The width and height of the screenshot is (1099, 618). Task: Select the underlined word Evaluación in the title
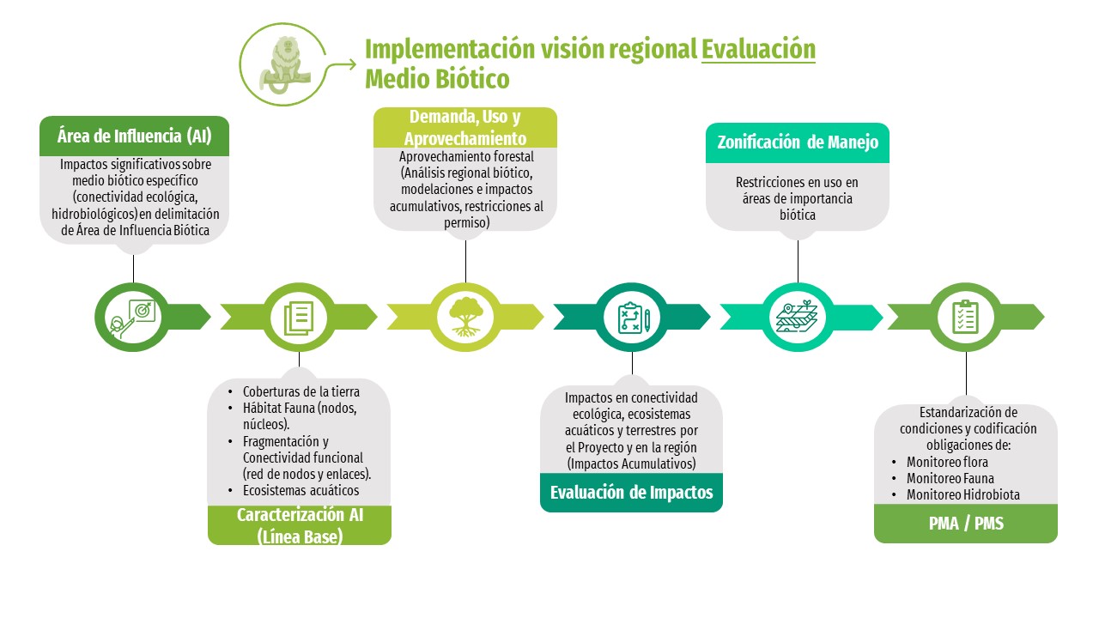coord(758,49)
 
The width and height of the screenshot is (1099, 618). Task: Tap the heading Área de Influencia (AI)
coord(134,136)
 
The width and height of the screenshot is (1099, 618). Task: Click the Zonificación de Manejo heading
coord(798,142)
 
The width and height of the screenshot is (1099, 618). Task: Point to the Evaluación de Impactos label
coord(631,493)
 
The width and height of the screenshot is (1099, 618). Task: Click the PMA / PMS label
coord(965,523)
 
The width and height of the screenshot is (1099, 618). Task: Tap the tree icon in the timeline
coord(466,318)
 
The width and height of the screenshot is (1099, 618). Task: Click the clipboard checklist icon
coord(966,317)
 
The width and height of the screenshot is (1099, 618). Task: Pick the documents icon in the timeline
coord(299,318)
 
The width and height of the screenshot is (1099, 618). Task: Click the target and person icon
coord(132,318)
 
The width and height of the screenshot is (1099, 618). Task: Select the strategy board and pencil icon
coord(633,318)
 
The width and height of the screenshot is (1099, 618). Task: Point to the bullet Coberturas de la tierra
coord(301,392)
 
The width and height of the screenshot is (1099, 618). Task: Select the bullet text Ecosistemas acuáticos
coord(301,490)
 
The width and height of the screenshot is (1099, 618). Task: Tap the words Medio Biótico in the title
coord(437,79)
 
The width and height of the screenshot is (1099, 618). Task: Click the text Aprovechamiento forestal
coord(466,157)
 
